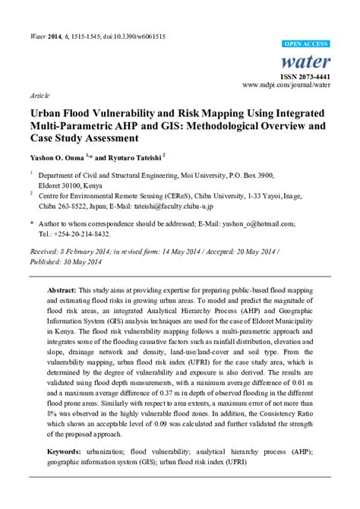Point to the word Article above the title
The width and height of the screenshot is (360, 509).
40,98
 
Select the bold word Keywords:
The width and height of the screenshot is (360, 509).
65,451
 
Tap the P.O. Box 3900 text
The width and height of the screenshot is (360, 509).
262,173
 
